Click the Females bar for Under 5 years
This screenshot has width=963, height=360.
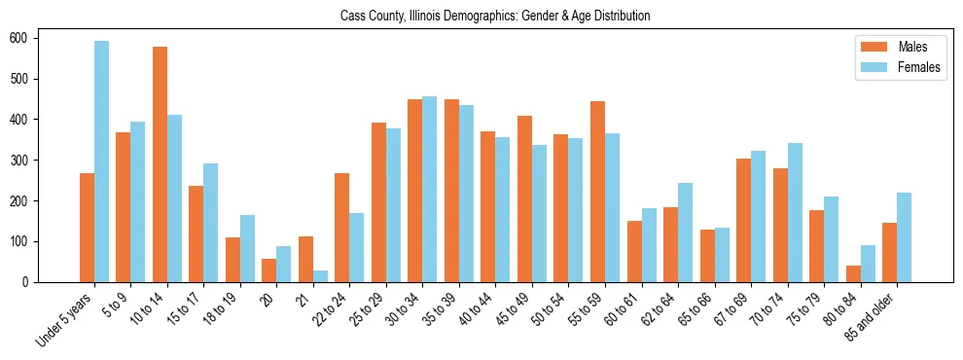click(x=101, y=162)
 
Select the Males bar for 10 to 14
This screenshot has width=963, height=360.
click(x=160, y=164)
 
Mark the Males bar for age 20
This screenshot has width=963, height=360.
click(x=268, y=270)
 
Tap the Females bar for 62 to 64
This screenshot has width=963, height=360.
click(x=685, y=233)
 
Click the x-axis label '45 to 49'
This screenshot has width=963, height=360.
click(x=512, y=306)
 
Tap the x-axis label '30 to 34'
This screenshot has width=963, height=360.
click(x=403, y=306)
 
